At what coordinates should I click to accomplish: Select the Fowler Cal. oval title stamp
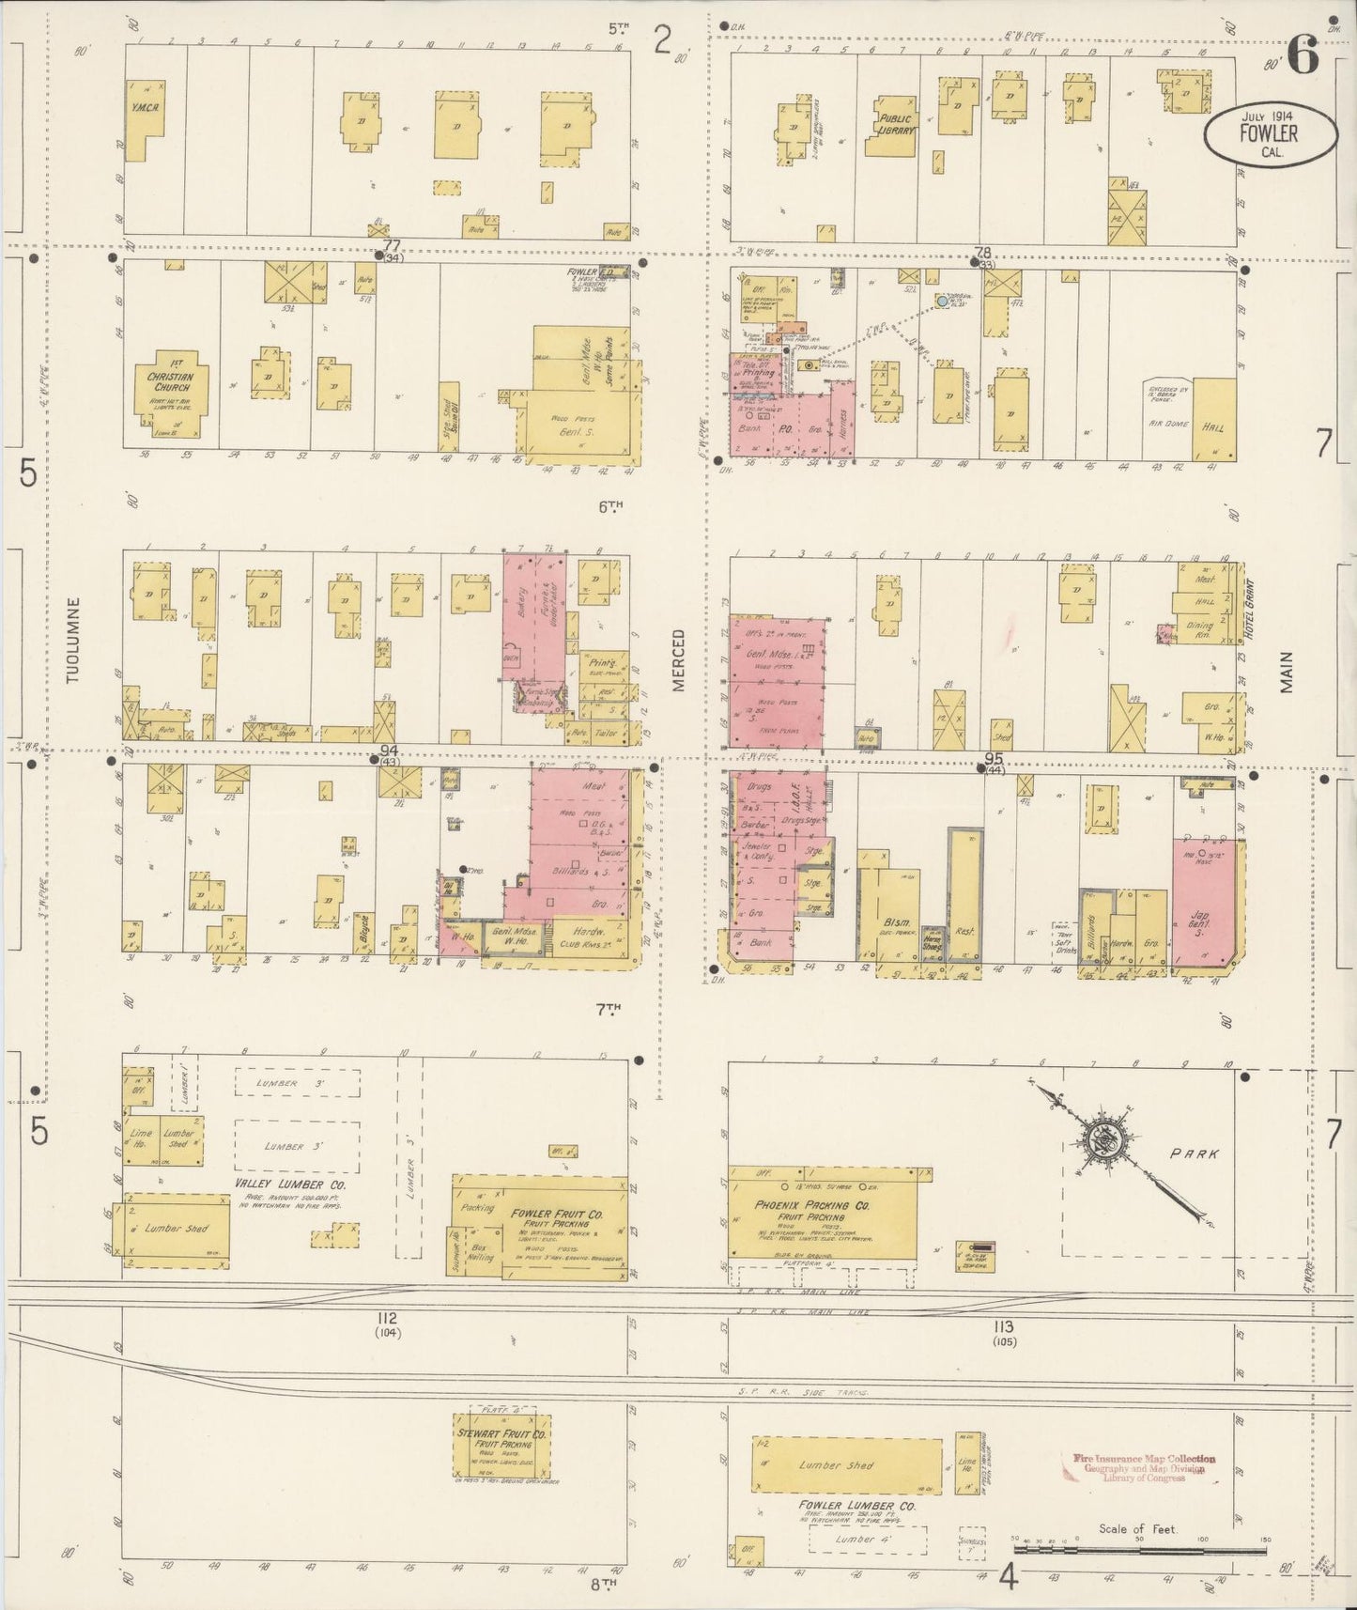tap(1272, 135)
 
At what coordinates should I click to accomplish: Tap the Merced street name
tap(679, 660)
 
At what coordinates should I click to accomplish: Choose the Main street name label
tap(1288, 673)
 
